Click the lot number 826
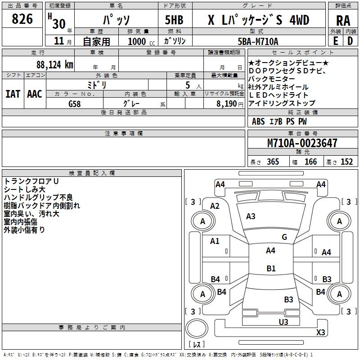pyautogui.click(x=22, y=19)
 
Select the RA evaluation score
pyautogui.click(x=343, y=20)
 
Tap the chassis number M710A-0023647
pyautogui.click(x=302, y=144)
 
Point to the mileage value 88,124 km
pyautogui.click(x=55, y=64)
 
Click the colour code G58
pyautogui.click(x=75, y=103)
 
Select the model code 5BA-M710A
pyautogui.click(x=258, y=41)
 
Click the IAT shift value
pyautogui.click(x=13, y=94)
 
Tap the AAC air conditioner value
pyautogui.click(x=35, y=94)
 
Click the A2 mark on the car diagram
pyautogui.click(x=215, y=206)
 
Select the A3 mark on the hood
pyautogui.click(x=251, y=216)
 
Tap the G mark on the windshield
pyautogui.click(x=284, y=237)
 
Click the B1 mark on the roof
pyautogui.click(x=270, y=269)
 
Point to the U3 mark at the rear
pyautogui.click(x=283, y=322)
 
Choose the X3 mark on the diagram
pyautogui.click(x=320, y=333)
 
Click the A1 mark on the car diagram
pyautogui.click(x=215, y=241)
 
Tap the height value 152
pyautogui.click(x=346, y=162)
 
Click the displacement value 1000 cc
pyautogui.click(x=139, y=42)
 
